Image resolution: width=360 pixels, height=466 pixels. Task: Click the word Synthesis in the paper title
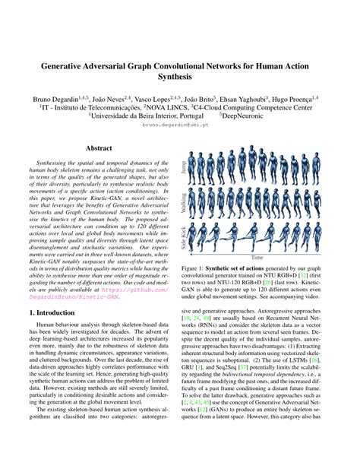click(x=180, y=77)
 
